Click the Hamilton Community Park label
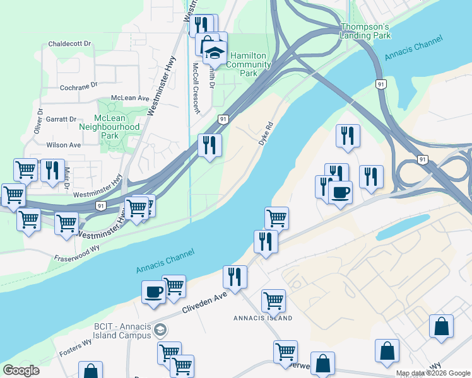249,64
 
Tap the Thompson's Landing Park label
366,31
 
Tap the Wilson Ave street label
64,145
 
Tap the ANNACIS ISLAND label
263,318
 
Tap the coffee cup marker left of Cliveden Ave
154,292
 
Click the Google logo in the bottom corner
21,370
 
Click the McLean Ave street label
129,98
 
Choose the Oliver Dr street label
40,120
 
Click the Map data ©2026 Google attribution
433,373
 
